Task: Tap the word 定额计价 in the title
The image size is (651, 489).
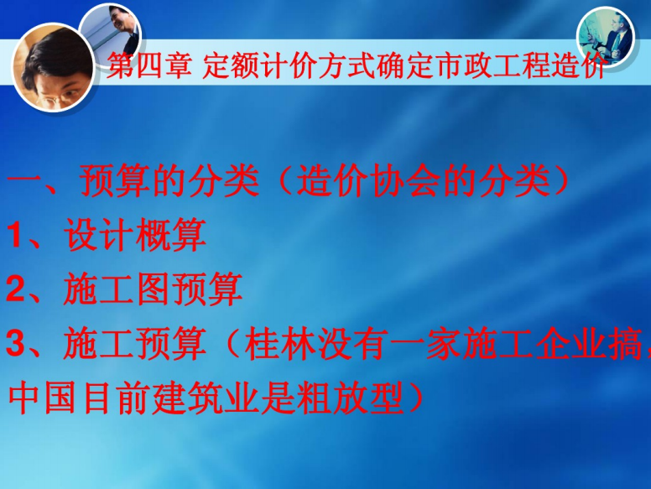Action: (261, 65)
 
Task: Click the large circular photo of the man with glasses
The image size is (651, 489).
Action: (53, 67)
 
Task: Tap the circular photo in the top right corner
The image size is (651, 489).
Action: (605, 35)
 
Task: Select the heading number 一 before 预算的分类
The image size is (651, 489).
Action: (25, 180)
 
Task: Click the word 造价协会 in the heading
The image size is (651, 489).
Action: (367, 180)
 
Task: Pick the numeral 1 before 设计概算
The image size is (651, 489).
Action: (15, 235)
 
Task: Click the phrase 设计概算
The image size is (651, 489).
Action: (135, 235)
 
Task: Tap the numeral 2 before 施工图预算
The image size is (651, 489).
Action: (16, 289)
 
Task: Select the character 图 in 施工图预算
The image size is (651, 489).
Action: (153, 289)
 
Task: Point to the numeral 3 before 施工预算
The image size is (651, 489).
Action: (16, 344)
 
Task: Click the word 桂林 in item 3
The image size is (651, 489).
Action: (280, 343)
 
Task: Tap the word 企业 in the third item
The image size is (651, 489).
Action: (570, 343)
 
